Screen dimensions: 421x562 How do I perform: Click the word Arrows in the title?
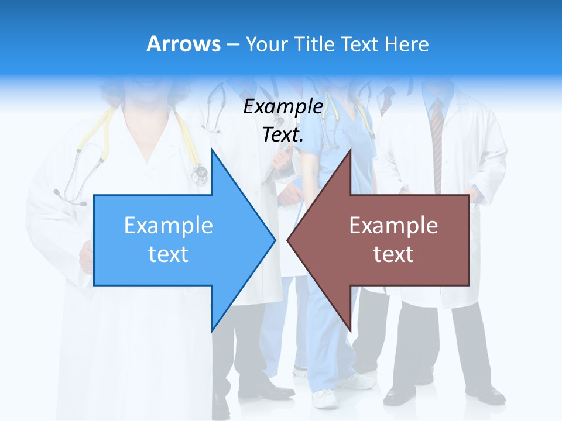tap(183, 44)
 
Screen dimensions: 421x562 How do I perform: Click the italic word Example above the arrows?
tap(283, 107)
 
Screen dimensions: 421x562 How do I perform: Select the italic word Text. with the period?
tap(283, 134)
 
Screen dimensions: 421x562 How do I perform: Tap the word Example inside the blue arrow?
tap(168, 225)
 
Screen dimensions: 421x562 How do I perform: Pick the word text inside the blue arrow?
tap(168, 254)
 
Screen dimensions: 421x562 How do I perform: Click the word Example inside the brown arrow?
tap(393, 225)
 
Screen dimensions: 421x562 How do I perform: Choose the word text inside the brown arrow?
tap(393, 254)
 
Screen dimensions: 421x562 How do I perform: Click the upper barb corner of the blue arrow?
tap(212, 150)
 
